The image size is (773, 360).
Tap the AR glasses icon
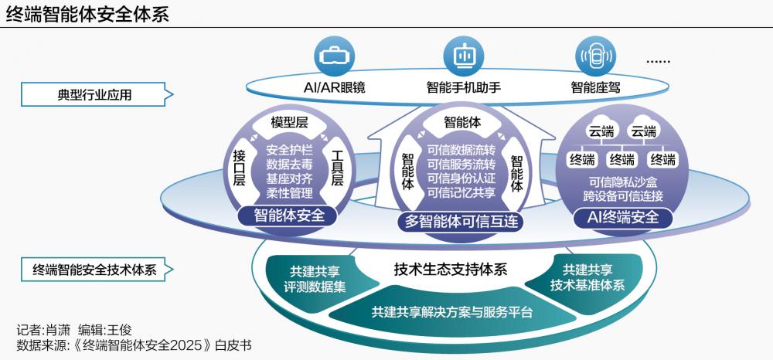[x=335, y=56]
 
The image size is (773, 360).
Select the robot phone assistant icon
[x=464, y=56]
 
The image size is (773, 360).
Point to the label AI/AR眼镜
[x=335, y=87]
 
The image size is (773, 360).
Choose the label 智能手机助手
[x=464, y=87]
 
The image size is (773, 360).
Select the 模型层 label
[x=289, y=122]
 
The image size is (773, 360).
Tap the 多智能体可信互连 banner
[x=461, y=221]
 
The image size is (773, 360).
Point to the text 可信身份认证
[x=461, y=179]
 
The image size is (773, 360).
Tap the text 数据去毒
[x=288, y=165]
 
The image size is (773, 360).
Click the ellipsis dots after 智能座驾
[x=658, y=61]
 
